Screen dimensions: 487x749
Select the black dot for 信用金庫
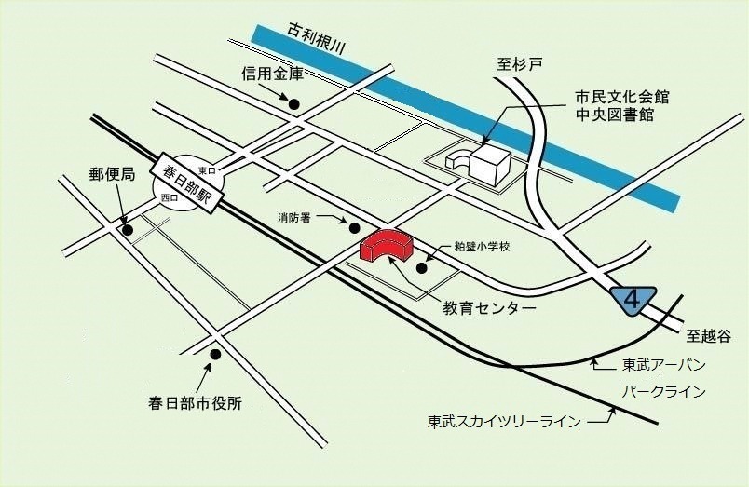[294, 103]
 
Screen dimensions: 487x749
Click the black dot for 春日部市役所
[215, 354]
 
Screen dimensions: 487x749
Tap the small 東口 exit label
[206, 171]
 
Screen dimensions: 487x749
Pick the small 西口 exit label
[169, 198]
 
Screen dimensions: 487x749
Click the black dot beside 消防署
[353, 227]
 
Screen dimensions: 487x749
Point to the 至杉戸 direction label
[520, 64]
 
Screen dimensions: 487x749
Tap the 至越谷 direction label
[716, 332]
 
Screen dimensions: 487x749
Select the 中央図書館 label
[614, 115]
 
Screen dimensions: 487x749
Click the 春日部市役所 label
[195, 403]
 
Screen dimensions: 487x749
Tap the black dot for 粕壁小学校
[421, 269]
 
